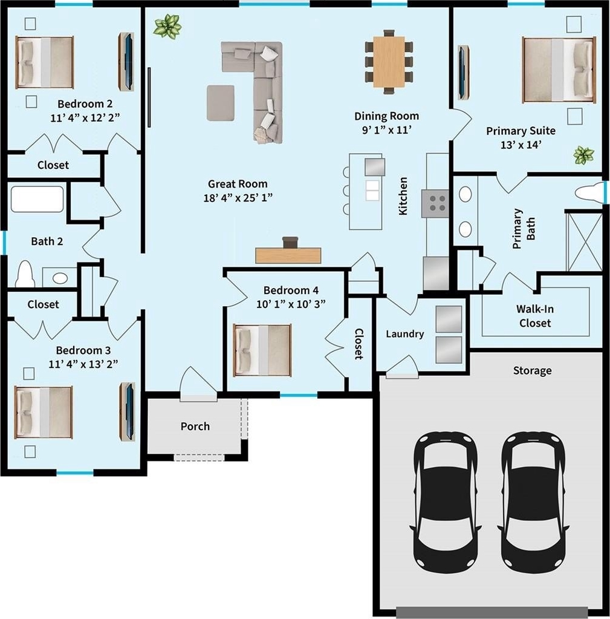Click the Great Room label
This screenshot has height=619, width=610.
click(238, 184)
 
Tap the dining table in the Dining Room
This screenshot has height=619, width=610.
click(389, 62)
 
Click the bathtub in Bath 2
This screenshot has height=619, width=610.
click(37, 199)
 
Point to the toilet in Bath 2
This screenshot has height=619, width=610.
click(25, 274)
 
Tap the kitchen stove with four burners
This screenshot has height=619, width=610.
click(435, 203)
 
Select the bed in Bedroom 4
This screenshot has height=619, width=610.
click(262, 350)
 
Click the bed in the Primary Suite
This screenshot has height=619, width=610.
click(559, 70)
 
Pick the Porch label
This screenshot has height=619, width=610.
click(195, 427)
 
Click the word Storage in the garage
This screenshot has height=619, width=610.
click(533, 371)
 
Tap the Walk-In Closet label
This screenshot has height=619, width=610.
click(535, 316)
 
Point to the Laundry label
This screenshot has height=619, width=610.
click(405, 334)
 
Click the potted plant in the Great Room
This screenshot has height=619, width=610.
click(167, 26)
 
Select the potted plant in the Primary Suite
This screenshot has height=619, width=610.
click(583, 155)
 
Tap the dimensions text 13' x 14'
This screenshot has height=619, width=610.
click(521, 145)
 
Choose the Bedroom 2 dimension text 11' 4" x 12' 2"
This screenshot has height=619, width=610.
click(85, 117)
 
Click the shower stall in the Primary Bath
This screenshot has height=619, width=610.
click(585, 241)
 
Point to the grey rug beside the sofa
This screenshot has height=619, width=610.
click(221, 103)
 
